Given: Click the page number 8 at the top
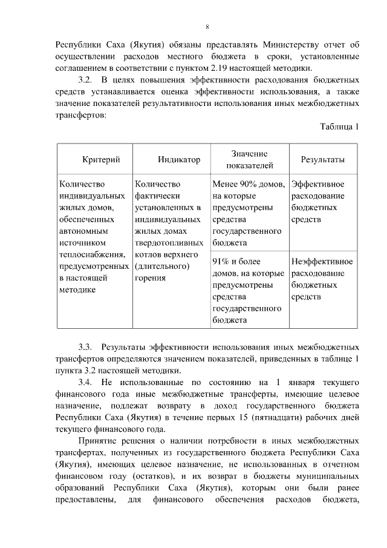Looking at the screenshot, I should point(207,27).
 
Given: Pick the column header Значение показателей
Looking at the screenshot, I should point(250,159).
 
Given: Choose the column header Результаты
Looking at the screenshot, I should point(323,159).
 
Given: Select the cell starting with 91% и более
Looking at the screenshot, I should point(249,290).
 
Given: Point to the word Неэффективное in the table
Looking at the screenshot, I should point(322,262).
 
